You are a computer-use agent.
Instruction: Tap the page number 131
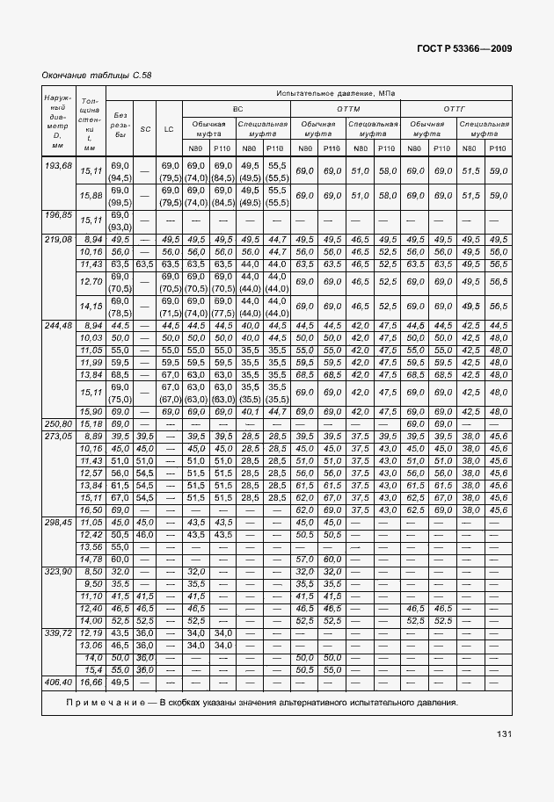pos(504,733)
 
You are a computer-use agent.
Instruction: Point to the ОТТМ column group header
pos(345,107)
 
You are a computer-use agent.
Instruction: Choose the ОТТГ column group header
pos(455,107)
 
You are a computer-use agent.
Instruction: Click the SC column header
pos(145,128)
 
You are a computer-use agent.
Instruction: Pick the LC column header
pos(169,128)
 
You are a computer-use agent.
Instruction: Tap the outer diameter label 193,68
pos(57,165)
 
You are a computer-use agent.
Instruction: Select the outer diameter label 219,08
pos(57,239)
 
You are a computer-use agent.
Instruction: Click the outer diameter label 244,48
pos(57,325)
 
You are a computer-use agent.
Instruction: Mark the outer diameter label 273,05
pos(57,436)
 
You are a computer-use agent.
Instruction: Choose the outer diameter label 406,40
pos(57,681)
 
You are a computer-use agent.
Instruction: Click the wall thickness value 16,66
pos(91,681)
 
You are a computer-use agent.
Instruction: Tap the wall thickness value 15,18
pos(91,423)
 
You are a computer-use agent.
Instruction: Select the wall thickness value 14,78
pos(91,558)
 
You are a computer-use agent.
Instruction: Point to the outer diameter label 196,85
pos(57,214)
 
